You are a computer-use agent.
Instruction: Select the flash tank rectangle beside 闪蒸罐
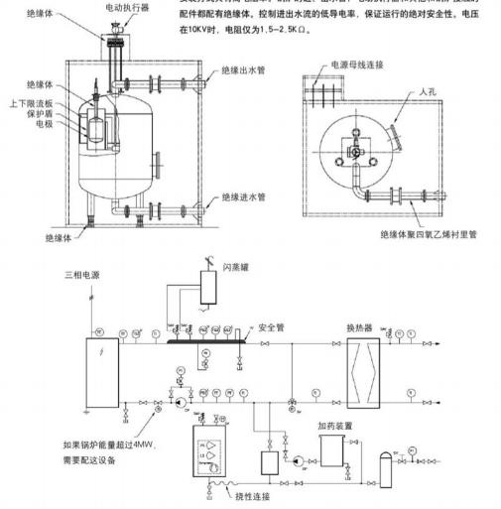pyautogui.click(x=210, y=286)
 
